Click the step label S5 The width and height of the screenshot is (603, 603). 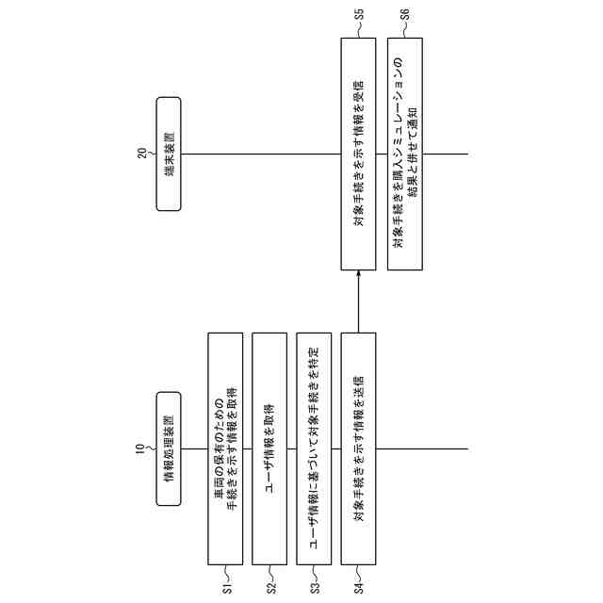coord(359,15)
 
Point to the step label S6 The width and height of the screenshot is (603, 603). coord(403,15)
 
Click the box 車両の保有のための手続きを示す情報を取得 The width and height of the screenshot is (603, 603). coord(226,448)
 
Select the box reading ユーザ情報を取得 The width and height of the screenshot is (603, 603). coord(270,448)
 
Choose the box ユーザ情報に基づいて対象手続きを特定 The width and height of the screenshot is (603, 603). coord(315,448)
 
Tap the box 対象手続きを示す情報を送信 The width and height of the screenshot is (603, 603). coord(359,448)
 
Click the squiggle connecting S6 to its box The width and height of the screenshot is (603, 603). coord(403,31)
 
